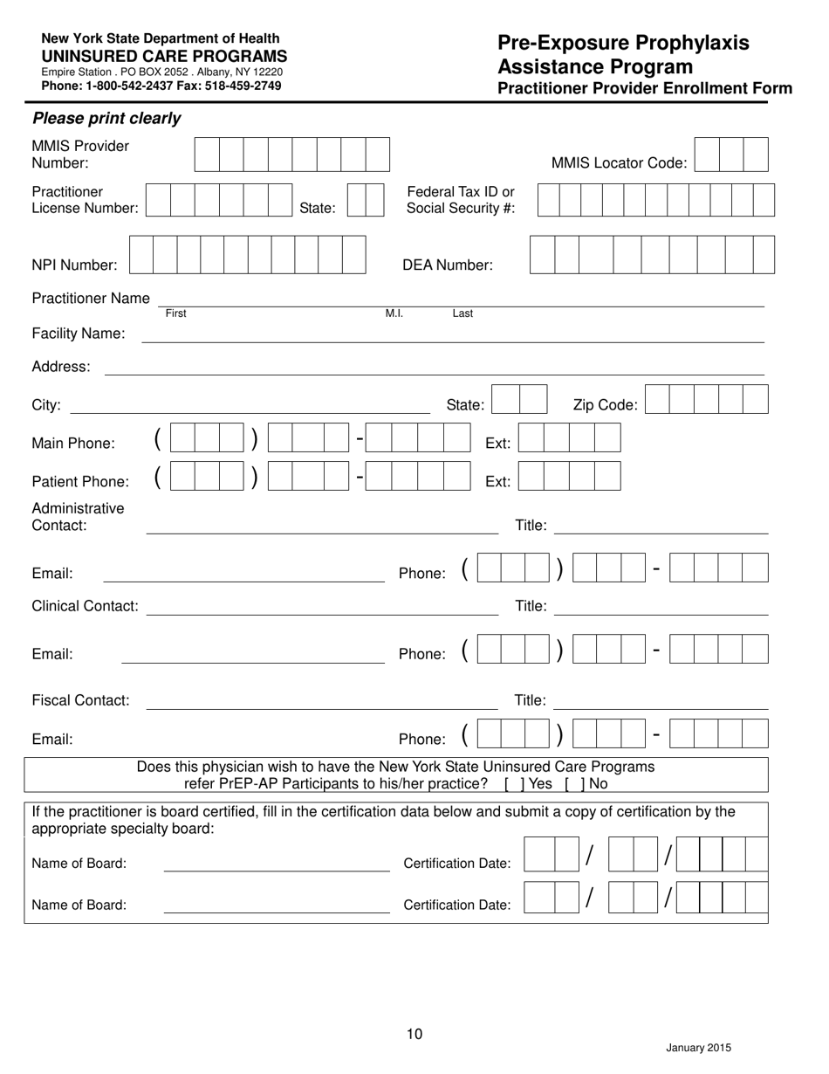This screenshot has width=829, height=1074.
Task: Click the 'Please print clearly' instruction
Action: coord(106,119)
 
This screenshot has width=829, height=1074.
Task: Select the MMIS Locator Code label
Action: coord(619,163)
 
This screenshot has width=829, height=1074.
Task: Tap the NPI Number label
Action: coord(74,265)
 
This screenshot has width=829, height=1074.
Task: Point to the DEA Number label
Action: coord(447,265)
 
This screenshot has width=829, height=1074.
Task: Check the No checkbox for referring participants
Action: coord(572,783)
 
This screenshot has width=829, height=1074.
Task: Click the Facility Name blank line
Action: coord(452,340)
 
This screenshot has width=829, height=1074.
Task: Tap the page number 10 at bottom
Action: coord(414,1035)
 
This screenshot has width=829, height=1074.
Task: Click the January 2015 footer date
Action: coord(698,1049)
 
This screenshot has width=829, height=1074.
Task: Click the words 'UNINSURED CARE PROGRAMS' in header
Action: coord(164,55)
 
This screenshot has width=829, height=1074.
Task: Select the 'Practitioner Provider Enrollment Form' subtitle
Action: coord(644,88)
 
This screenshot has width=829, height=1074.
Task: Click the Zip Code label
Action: coord(605,405)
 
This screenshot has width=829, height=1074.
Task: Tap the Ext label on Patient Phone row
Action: coord(497,482)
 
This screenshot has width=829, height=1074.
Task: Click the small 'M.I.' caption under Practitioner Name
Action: coord(394,313)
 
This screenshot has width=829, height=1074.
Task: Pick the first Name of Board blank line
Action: coord(277,870)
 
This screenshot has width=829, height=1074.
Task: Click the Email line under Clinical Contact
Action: coord(252,661)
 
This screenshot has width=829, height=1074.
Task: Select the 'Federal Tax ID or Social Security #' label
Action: coord(461,200)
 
